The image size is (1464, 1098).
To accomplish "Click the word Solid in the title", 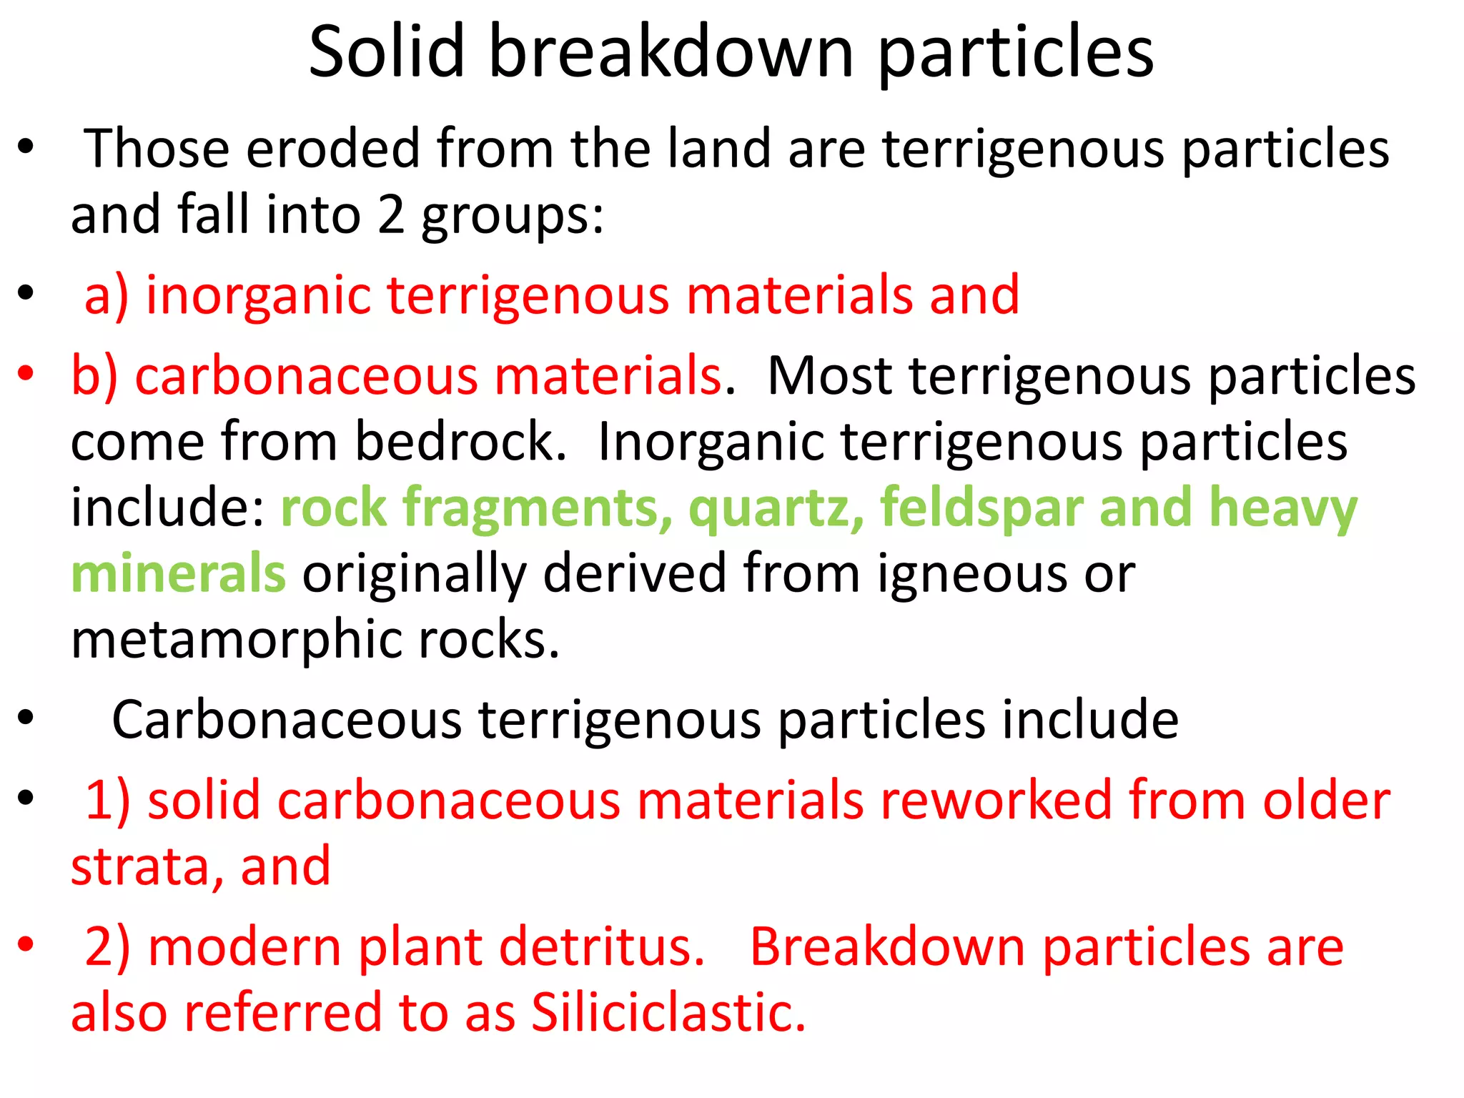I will tap(387, 51).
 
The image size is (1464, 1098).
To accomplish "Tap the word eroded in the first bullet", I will tap(332, 149).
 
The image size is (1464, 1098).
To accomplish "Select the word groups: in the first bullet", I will tap(512, 216).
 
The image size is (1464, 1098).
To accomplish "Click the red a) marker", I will tap(107, 295).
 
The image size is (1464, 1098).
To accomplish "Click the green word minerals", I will tap(179, 574).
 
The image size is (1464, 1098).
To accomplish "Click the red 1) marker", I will tap(107, 800).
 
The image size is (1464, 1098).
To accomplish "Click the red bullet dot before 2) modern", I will tap(26, 944).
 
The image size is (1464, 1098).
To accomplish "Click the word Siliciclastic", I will tap(668, 1013).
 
